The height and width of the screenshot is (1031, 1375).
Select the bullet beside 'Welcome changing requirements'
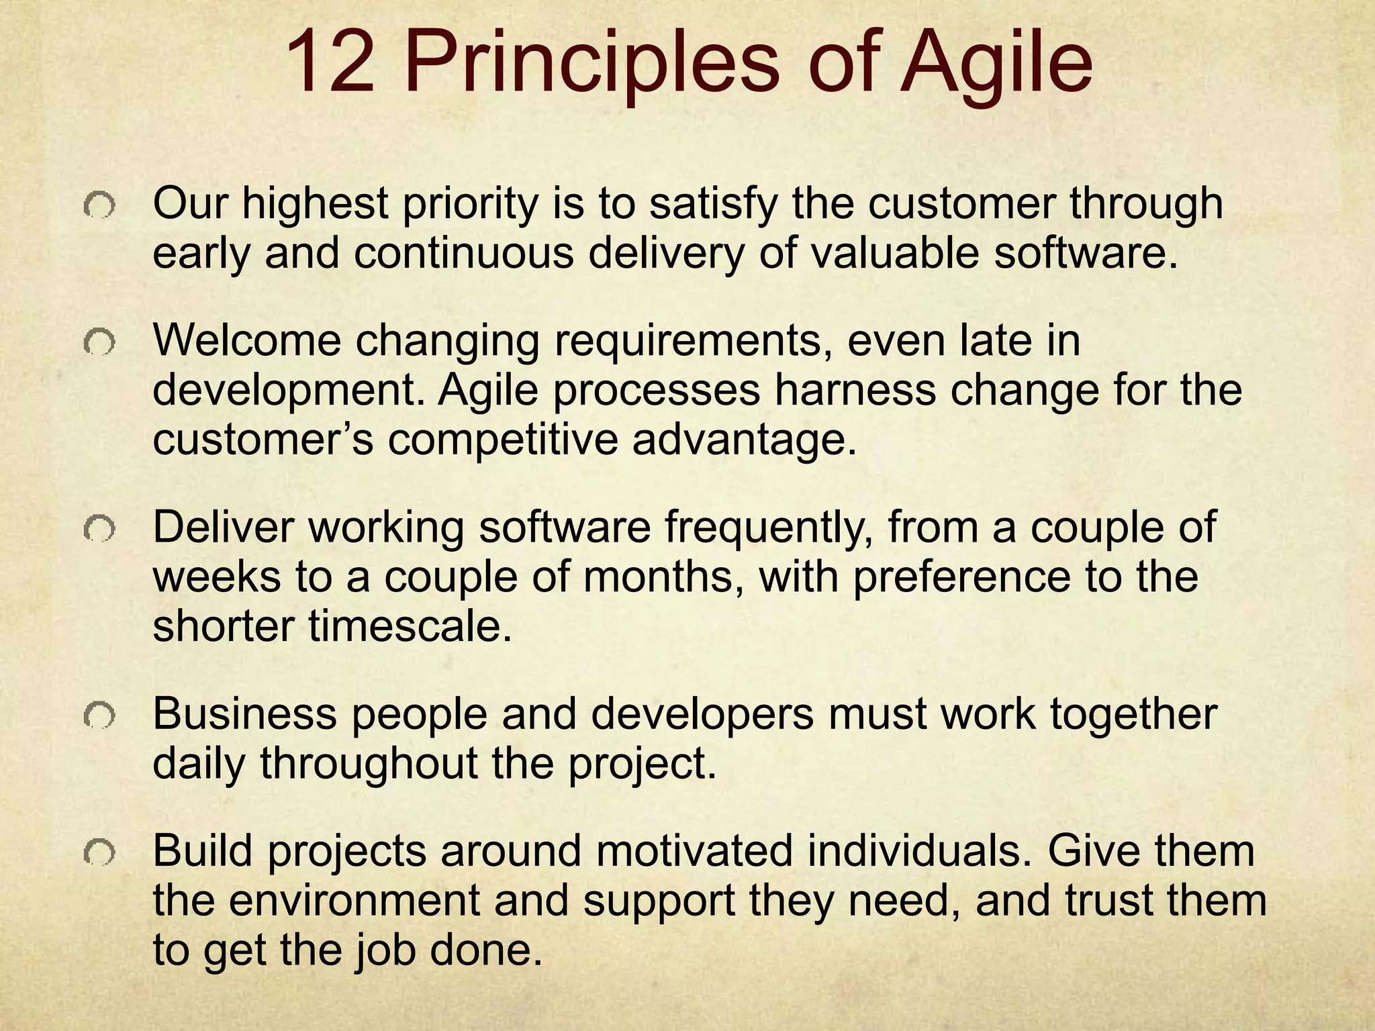pyautogui.click(x=99, y=344)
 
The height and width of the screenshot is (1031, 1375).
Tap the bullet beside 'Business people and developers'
pyautogui.click(x=99, y=718)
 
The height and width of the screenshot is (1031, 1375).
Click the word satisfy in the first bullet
pyautogui.click(x=715, y=204)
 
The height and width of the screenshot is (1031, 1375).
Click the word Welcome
pyautogui.click(x=247, y=340)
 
